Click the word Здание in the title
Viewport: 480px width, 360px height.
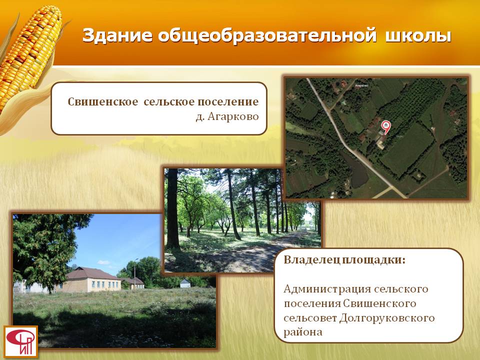[x=117, y=35]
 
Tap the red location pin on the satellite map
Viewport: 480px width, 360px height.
[x=385, y=127]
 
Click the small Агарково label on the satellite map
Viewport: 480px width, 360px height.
[x=361, y=85]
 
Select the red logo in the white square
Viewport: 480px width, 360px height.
[x=21, y=341]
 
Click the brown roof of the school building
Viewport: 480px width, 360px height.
[x=92, y=273]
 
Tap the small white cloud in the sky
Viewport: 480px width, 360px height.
[x=104, y=262]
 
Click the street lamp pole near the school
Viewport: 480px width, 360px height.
[x=134, y=273]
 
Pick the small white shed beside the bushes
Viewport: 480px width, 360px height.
[x=185, y=283]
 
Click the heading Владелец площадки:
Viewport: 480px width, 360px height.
[x=344, y=260]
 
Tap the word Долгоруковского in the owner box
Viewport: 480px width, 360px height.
[x=387, y=318]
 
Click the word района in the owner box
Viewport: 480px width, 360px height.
[x=303, y=332]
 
